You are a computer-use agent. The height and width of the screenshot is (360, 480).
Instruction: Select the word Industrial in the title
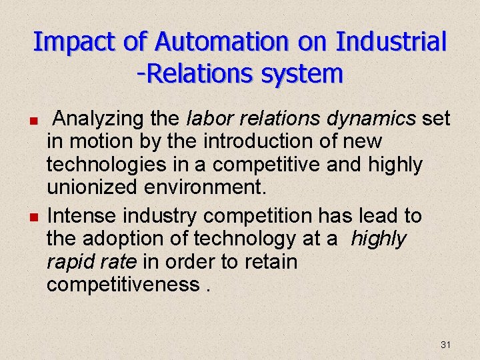(x=391, y=42)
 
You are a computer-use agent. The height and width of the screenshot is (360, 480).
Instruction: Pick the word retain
(x=265, y=261)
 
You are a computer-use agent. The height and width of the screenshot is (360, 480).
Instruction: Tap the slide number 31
(x=446, y=345)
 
